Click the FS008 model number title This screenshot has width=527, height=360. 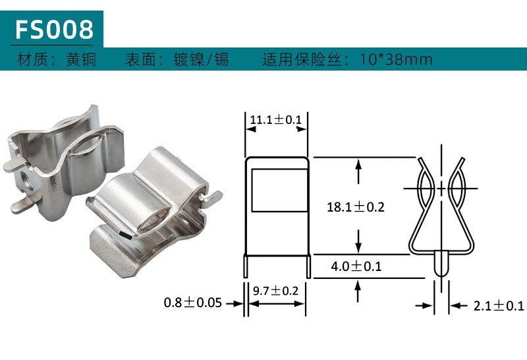point(54,29)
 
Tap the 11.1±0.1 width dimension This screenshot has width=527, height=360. point(275,119)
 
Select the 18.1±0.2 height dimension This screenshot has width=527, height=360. point(356,206)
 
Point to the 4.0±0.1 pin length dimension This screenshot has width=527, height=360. point(356,266)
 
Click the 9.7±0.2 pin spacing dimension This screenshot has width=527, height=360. point(275,290)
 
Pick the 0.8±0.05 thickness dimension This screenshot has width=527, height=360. point(192,303)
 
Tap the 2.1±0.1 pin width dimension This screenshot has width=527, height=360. point(499,306)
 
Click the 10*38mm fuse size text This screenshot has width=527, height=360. point(396,59)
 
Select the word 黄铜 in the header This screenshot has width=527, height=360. point(80,59)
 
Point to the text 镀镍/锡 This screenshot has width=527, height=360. point(201,59)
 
